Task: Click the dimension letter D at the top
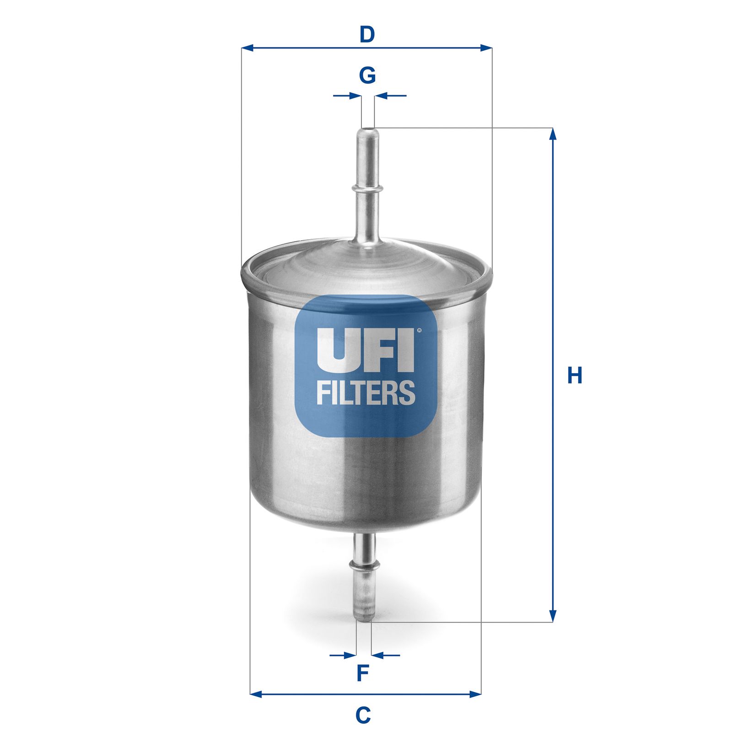pos(367,34)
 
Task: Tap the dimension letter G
pos(367,75)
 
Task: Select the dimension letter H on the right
pos(575,375)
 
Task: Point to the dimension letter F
pos(363,673)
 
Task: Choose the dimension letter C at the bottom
pos(363,715)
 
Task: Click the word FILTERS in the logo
pos(366,393)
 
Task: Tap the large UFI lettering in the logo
pos(365,350)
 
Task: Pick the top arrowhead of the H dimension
pos(553,134)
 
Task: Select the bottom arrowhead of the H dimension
pos(553,616)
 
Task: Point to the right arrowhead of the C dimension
pos(476,694)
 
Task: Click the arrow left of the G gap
pos(355,96)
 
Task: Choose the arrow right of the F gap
pos(378,655)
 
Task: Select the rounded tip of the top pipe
pos(367,132)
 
